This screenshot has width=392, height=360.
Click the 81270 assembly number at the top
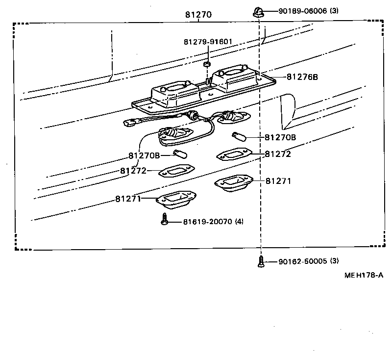(198, 15)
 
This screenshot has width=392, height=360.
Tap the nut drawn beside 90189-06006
(257, 12)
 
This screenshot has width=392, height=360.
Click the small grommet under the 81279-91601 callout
(207, 64)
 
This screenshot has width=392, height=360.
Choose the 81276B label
(302, 77)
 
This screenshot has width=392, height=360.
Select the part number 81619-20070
(206, 222)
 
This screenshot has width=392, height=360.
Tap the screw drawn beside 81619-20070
(165, 221)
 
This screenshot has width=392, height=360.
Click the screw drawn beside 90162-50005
(261, 262)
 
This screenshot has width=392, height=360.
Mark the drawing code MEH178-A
(363, 276)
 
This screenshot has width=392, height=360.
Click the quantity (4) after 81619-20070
(239, 222)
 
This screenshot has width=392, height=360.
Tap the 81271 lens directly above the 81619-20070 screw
(176, 199)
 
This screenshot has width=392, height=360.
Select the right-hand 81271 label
(278, 181)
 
